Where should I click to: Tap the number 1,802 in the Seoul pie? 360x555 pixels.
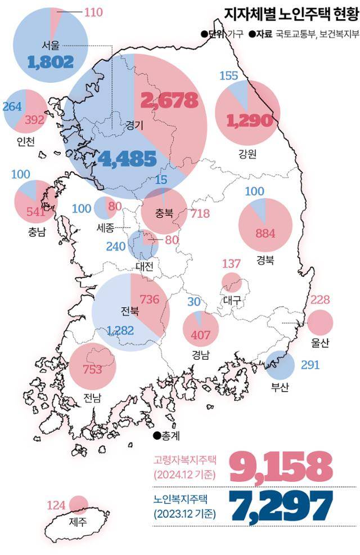(x=50, y=61)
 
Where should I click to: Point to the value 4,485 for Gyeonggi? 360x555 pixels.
(x=127, y=159)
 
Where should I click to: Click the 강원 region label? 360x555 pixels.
(x=247, y=153)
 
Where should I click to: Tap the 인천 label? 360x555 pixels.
(x=26, y=141)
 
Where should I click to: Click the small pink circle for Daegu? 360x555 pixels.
(x=231, y=281)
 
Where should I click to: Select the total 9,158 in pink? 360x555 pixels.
(x=280, y=465)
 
